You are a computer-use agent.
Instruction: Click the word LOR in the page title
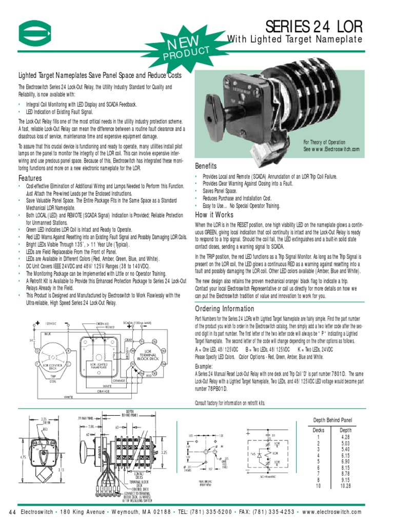pos(347,26)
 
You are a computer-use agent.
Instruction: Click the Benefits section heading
pos(206,166)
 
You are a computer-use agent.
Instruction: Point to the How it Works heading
pos(213,215)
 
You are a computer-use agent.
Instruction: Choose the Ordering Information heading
pos(225,309)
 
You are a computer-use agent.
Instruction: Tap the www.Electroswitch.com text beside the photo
pos(331,149)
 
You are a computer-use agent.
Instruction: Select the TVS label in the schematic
pos(252,453)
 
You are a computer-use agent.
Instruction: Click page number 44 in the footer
pos(13,512)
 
